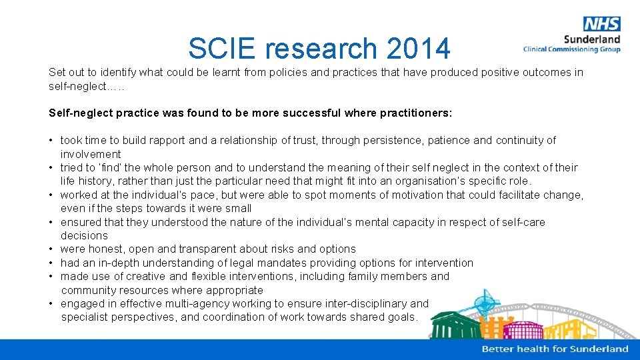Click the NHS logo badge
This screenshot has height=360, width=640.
(601, 24)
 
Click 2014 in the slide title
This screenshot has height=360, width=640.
(418, 49)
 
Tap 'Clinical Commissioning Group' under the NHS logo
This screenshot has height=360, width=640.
(571, 49)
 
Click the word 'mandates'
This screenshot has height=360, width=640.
(300, 263)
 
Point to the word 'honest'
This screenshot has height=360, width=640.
(103, 249)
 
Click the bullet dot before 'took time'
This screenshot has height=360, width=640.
(51, 141)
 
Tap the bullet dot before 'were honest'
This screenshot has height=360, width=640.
(51, 249)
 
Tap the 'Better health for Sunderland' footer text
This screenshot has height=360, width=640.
(555, 349)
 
